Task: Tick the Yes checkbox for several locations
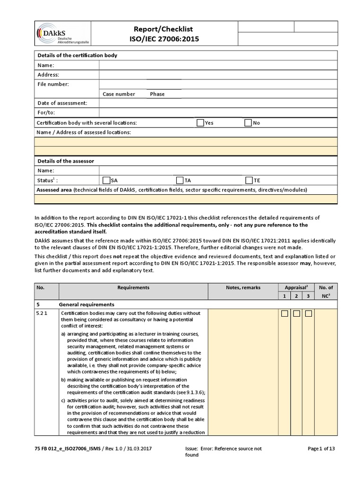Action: click(200, 123)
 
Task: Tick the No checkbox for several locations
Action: click(248, 123)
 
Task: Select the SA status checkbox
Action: click(106, 180)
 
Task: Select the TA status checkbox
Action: click(180, 180)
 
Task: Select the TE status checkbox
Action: click(249, 180)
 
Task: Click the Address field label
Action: click(48, 75)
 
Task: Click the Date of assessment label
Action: click(62, 103)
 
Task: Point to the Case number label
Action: click(119, 94)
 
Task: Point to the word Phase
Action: click(157, 94)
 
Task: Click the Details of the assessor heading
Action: click(66, 161)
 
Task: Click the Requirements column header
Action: click(133, 287)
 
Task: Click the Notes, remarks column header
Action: click(243, 287)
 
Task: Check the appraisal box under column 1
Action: click(285, 314)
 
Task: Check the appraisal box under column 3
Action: click(308, 314)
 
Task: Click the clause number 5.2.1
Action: click(43, 313)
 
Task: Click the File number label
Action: click(53, 84)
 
